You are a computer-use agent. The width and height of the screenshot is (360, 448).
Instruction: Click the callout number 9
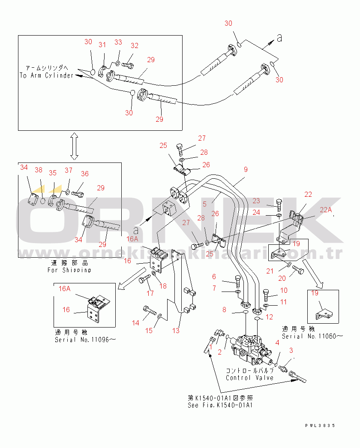click(x=246, y=170)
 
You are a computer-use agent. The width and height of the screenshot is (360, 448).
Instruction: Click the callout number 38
click(x=39, y=170)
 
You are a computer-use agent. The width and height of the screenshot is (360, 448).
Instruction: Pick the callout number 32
click(x=135, y=46)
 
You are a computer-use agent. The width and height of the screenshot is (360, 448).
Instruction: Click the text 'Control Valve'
click(x=249, y=378)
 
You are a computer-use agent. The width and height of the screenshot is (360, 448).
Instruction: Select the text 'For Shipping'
click(x=69, y=270)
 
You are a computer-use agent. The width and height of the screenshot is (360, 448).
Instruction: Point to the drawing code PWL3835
click(x=319, y=426)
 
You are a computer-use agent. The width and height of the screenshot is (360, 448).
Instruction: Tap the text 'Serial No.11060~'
click(x=312, y=336)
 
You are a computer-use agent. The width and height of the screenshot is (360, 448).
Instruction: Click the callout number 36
click(x=85, y=174)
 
